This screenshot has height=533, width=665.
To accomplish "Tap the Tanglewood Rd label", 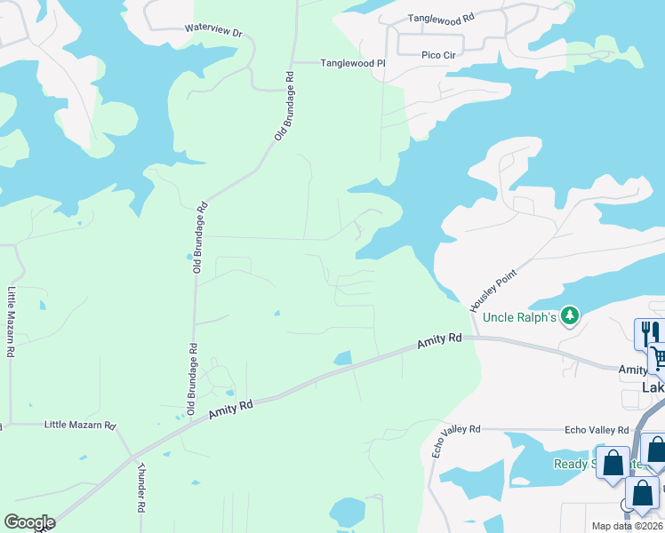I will pos(441,18).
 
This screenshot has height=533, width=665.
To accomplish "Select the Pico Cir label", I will pos(438,55).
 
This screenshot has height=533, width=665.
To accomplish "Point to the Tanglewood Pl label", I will pos(352,63).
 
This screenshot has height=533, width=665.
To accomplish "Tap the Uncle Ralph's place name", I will pos(519,317).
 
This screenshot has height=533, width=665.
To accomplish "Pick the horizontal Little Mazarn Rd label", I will pos(80,426).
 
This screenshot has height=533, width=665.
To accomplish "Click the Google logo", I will pos(29,522).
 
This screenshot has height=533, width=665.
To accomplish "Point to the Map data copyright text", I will pos(628,526).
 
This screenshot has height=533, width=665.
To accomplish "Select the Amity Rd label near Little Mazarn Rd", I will pos(231,410).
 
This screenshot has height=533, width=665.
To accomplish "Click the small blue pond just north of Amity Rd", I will pos(342,358).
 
